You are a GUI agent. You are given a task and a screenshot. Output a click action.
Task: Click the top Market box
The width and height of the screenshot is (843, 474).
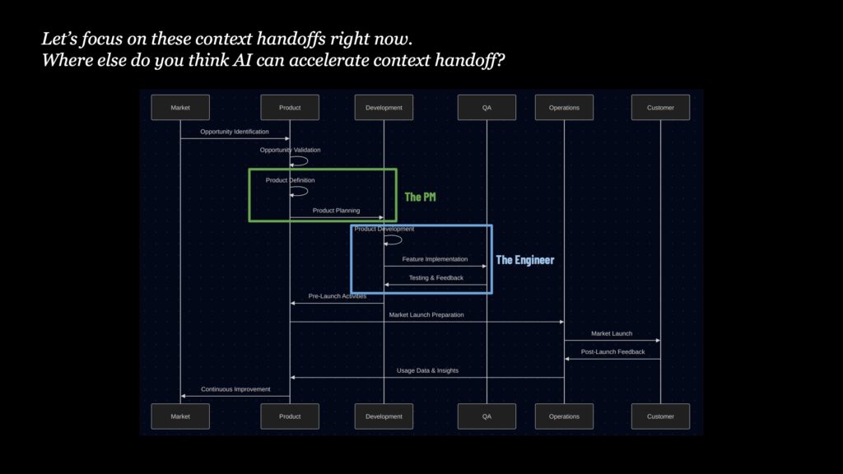(x=180, y=108)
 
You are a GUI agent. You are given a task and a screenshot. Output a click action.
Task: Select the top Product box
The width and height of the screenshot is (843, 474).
(x=290, y=108)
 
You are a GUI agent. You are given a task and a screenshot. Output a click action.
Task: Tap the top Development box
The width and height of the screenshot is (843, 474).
(x=384, y=108)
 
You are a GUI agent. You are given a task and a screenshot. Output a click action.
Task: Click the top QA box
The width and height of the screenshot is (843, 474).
(x=487, y=108)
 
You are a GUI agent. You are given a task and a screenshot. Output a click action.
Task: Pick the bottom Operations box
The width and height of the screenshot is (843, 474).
(x=564, y=416)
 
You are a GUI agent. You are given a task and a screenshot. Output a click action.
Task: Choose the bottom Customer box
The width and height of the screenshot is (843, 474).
(x=660, y=416)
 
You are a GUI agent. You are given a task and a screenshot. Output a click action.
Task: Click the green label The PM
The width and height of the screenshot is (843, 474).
(x=420, y=197)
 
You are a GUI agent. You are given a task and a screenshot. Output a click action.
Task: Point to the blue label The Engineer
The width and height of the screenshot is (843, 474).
(x=524, y=260)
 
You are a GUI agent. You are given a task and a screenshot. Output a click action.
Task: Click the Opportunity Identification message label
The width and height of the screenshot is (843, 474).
(x=235, y=132)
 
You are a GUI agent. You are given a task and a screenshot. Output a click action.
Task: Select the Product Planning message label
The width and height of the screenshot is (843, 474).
(x=336, y=211)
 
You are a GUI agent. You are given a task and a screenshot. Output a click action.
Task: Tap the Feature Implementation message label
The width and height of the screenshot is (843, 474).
(x=435, y=259)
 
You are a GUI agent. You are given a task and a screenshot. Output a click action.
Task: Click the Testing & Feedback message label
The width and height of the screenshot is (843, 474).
(x=436, y=278)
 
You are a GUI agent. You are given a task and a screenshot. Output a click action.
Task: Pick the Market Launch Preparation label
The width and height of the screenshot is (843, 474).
(x=426, y=315)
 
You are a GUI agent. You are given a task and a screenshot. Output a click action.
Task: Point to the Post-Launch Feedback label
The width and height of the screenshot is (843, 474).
(x=612, y=352)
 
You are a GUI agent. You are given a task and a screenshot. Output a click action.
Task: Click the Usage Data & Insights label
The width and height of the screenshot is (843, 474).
(x=427, y=370)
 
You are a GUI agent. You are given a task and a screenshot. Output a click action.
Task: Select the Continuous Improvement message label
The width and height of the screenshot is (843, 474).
(x=235, y=389)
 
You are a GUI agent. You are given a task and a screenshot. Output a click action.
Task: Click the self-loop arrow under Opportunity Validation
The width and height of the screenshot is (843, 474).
(x=307, y=160)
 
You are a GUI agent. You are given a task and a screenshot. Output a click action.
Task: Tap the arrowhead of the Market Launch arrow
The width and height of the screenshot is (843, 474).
(x=658, y=340)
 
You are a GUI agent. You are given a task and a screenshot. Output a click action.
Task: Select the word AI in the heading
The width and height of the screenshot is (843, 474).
(x=242, y=60)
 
